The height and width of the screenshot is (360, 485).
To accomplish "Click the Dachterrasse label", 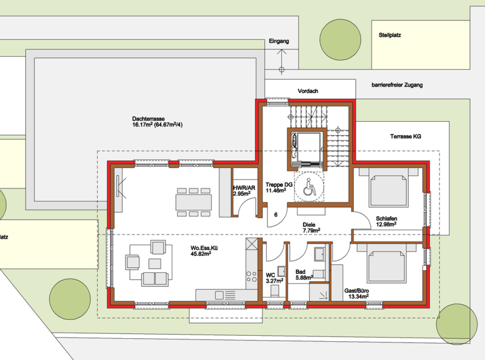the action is point(157,122).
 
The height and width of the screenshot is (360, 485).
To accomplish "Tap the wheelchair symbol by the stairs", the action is point(309,187).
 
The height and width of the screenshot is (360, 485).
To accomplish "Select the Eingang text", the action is point(279,41).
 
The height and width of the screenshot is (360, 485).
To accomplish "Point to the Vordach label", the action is point(308,91).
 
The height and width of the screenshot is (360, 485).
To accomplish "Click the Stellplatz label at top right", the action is point(390,35).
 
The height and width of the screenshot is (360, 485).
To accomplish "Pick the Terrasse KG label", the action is point(406,136).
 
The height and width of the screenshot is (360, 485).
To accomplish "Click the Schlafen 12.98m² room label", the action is point(386,221).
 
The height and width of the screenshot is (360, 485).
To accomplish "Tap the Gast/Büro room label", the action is point(356,294).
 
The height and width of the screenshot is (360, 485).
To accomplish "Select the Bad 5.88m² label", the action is point(303,275).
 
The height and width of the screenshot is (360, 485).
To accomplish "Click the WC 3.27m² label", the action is point(274,278).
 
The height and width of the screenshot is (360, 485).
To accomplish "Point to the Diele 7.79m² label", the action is point(311,228).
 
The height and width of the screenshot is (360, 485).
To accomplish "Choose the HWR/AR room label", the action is point(244,191).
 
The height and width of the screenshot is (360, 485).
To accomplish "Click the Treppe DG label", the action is point(279,187).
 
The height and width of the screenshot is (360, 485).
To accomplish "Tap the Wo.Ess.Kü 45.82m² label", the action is point(201,251).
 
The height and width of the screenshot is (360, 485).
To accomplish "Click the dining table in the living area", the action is point(193,202).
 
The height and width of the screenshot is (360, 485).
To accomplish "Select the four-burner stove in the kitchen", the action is point(251,276).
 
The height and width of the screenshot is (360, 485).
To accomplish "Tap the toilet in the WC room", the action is point(275,290).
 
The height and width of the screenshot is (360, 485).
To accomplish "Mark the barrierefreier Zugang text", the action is point(397,85).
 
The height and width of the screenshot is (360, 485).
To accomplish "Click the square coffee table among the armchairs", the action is point(155,264).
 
